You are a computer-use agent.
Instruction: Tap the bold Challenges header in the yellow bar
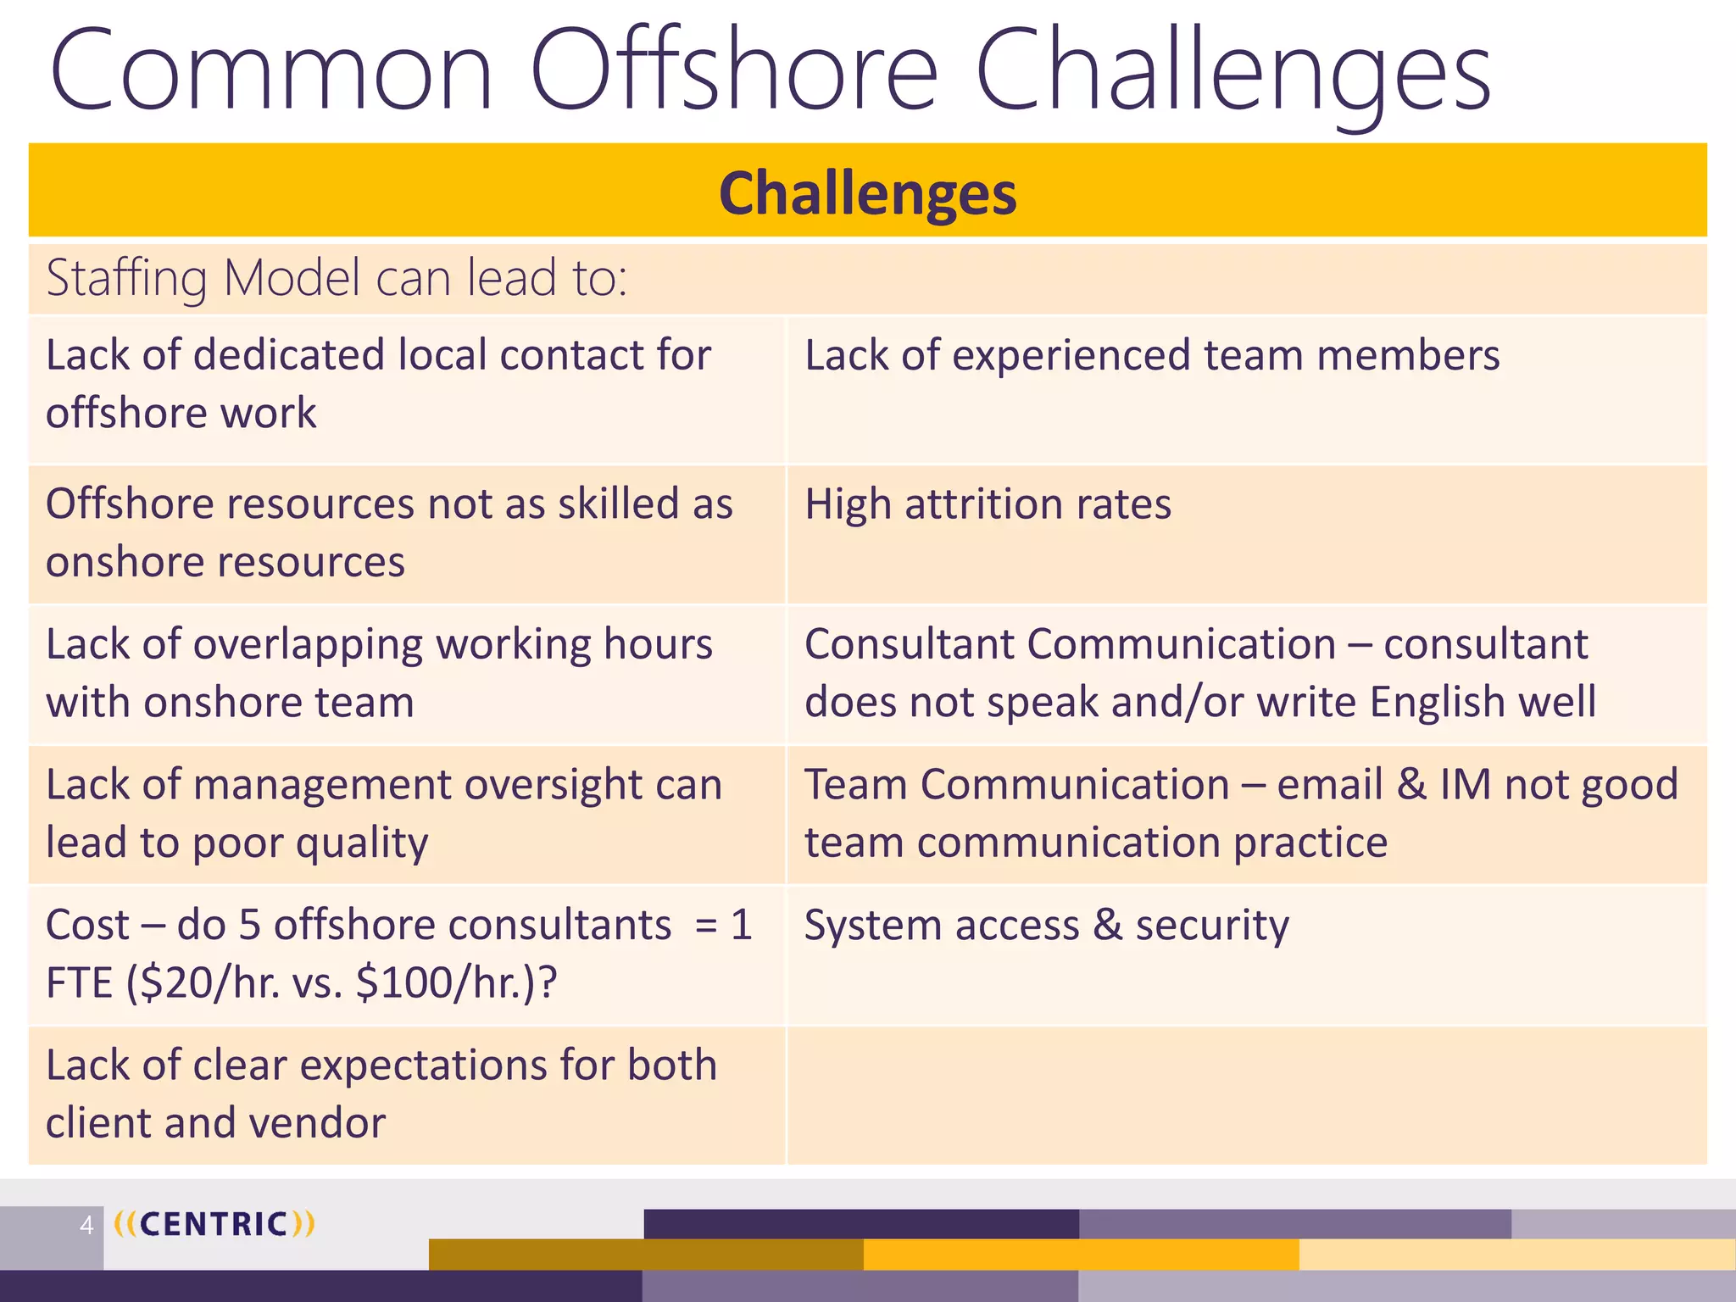tap(867, 193)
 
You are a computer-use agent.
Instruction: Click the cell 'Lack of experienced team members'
tap(1152, 355)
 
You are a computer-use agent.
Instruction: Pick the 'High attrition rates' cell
tap(988, 504)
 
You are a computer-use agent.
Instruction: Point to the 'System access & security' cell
tap(1046, 925)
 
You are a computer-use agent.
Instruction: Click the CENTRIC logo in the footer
tap(214, 1224)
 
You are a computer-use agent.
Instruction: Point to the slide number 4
tap(86, 1225)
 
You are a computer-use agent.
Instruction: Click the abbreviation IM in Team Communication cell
tap(1465, 784)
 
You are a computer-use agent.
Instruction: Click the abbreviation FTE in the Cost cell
tap(79, 983)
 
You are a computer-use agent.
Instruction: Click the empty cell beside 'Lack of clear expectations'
tap(1246, 1095)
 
